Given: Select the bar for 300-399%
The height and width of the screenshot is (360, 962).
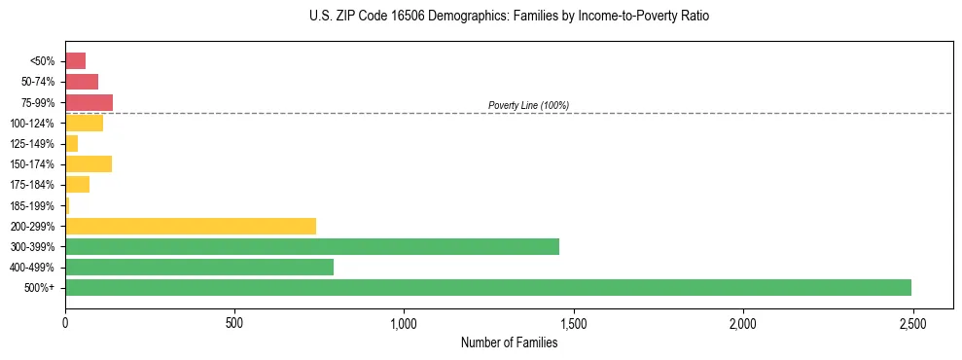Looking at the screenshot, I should pos(312,246).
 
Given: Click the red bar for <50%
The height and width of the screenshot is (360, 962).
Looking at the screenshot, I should pos(76,61).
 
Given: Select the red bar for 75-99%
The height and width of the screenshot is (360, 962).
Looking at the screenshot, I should pos(89,102).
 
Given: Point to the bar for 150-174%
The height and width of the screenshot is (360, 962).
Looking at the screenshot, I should pos(89,163).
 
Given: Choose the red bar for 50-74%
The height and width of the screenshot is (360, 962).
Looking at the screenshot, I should pos(82,82).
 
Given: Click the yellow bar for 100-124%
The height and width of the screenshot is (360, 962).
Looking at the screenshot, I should pos(85,123).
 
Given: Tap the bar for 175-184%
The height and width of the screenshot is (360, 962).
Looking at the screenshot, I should pos(78,184).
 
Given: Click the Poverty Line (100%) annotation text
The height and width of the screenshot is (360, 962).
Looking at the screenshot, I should pos(528,105).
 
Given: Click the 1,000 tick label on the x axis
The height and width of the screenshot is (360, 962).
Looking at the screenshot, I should pos(404,322).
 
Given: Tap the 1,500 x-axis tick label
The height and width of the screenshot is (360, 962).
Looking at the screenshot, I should pos(573,322).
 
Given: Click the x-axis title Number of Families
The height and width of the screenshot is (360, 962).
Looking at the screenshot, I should pos(509,342).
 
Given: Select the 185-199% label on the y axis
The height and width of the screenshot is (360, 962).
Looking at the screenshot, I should pos(33,205).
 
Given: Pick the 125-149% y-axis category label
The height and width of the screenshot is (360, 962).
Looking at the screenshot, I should pos(33,144).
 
